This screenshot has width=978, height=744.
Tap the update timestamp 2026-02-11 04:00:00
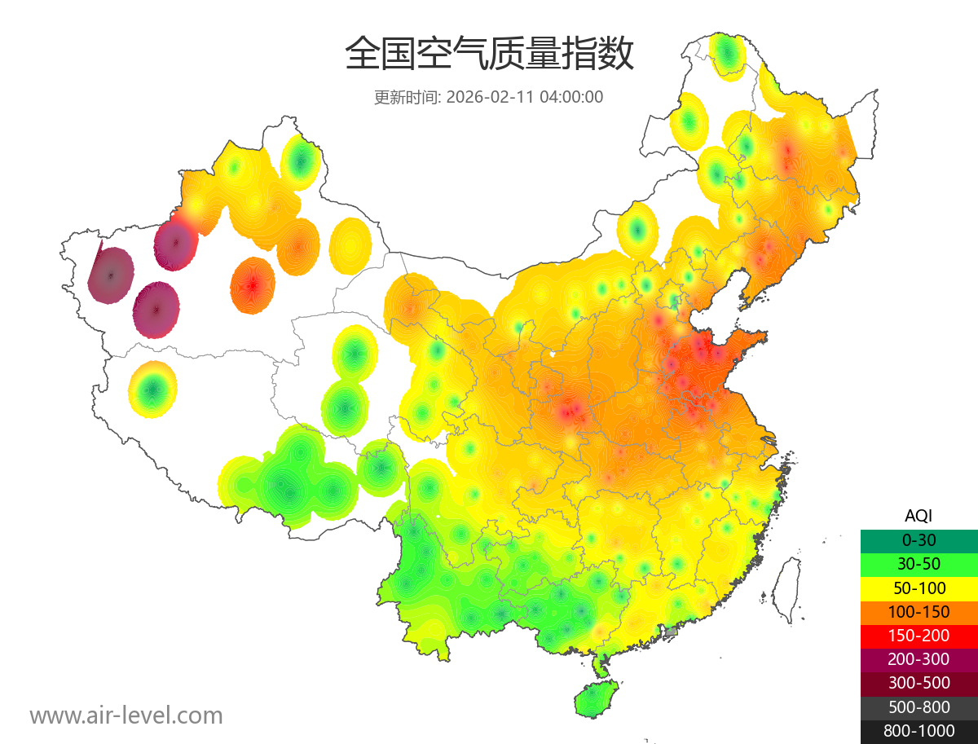tap(488, 97)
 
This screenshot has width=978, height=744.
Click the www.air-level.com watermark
tap(126, 715)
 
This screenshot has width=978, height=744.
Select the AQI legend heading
tap(919, 516)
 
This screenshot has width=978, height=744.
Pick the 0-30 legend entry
tap(919, 540)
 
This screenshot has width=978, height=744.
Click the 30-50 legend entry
tap(919, 564)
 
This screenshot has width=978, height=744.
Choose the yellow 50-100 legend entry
tap(919, 588)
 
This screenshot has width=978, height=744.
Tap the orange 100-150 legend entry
tap(919, 611)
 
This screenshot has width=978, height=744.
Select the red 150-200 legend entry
tap(919, 636)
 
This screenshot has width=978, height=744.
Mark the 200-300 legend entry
tap(919, 659)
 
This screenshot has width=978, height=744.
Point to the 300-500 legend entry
tap(919, 683)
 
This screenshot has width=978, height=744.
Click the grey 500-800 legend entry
tap(919, 707)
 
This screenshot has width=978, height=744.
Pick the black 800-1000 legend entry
tap(919, 731)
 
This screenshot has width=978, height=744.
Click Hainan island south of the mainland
tap(596, 699)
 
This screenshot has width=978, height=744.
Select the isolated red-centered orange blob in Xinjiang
tap(253, 285)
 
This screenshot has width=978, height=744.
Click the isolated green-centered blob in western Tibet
tap(152, 390)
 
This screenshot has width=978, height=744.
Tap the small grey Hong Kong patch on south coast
tap(671, 632)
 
